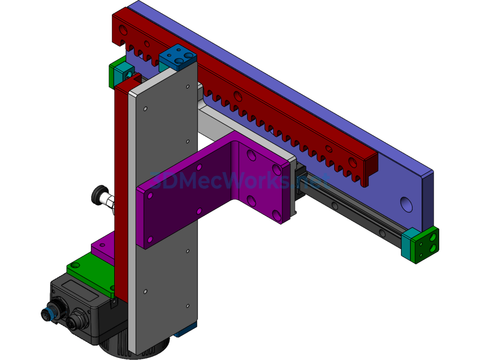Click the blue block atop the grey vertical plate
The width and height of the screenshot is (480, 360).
coord(177,57)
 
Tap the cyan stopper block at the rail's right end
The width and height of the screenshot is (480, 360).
coord(406,244)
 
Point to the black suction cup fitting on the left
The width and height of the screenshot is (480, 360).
coord(99,195)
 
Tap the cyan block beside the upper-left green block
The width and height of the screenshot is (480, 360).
coord(124,71)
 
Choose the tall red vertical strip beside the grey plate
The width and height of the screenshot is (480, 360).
coord(121,187)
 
